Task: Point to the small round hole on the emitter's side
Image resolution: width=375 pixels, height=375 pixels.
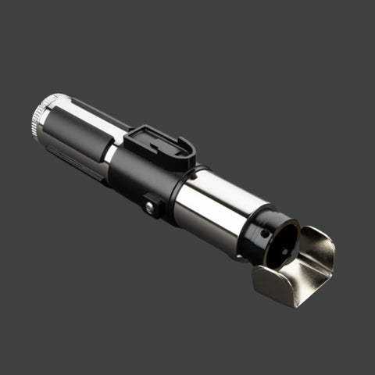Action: pos(266,233)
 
